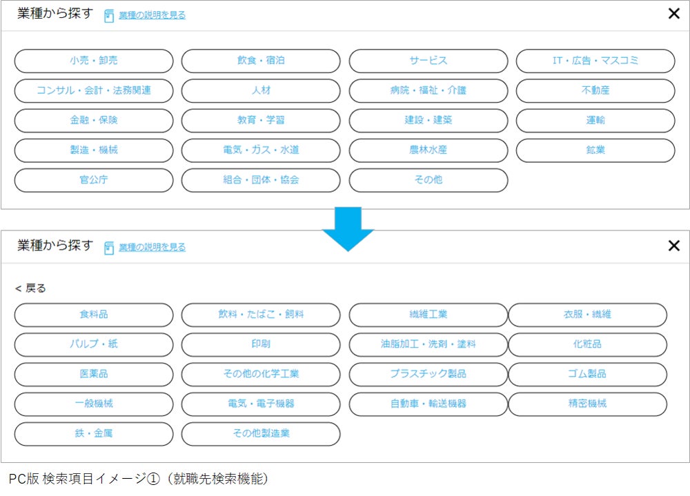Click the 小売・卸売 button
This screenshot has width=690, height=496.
94,61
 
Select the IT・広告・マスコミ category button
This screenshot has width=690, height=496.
595,61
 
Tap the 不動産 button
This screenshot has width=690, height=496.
595,90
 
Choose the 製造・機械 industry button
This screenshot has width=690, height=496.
94,150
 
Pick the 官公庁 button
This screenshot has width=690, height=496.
94,180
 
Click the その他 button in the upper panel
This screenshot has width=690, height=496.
428,180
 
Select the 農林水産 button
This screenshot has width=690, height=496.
428,150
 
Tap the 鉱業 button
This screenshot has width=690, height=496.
595,150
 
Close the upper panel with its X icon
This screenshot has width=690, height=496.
674,14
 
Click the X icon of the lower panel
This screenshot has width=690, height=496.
674,246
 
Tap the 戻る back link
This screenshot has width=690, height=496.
31,288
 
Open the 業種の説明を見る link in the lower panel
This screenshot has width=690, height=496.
152,247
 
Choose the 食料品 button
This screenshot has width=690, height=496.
94,315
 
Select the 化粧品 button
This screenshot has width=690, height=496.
587,344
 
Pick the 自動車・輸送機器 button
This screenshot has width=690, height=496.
428,404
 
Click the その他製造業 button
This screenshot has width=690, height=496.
261,434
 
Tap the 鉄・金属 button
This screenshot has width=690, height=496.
94,434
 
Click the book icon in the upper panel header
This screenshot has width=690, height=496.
109,16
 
